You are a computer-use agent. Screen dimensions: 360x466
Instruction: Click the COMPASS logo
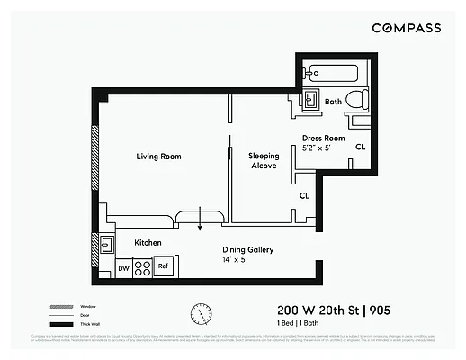click(x=407, y=28)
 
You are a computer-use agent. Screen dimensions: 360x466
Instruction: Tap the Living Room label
click(x=158, y=157)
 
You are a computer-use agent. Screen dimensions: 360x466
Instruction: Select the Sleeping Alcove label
click(x=264, y=161)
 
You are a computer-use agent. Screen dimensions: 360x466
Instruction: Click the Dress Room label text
click(x=322, y=138)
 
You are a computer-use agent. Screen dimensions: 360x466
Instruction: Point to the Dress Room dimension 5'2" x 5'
click(x=321, y=148)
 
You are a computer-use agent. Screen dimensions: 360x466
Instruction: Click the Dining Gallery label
click(x=247, y=249)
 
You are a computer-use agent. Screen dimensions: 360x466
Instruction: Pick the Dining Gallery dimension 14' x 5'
click(x=247, y=259)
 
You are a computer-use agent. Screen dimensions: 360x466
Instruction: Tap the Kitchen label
click(x=148, y=243)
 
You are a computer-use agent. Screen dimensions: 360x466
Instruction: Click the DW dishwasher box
click(x=123, y=267)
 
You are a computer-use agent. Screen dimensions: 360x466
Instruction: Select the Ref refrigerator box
click(x=164, y=266)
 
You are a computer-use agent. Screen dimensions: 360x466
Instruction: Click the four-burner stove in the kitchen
click(x=142, y=267)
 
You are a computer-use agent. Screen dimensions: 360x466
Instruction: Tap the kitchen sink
click(x=105, y=243)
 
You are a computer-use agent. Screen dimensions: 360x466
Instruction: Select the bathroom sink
click(x=310, y=100)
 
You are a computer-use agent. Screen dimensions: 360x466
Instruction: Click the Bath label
click(x=333, y=102)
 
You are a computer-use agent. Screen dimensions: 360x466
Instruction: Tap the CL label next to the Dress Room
click(x=360, y=147)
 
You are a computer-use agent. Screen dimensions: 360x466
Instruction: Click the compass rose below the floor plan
click(x=200, y=312)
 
